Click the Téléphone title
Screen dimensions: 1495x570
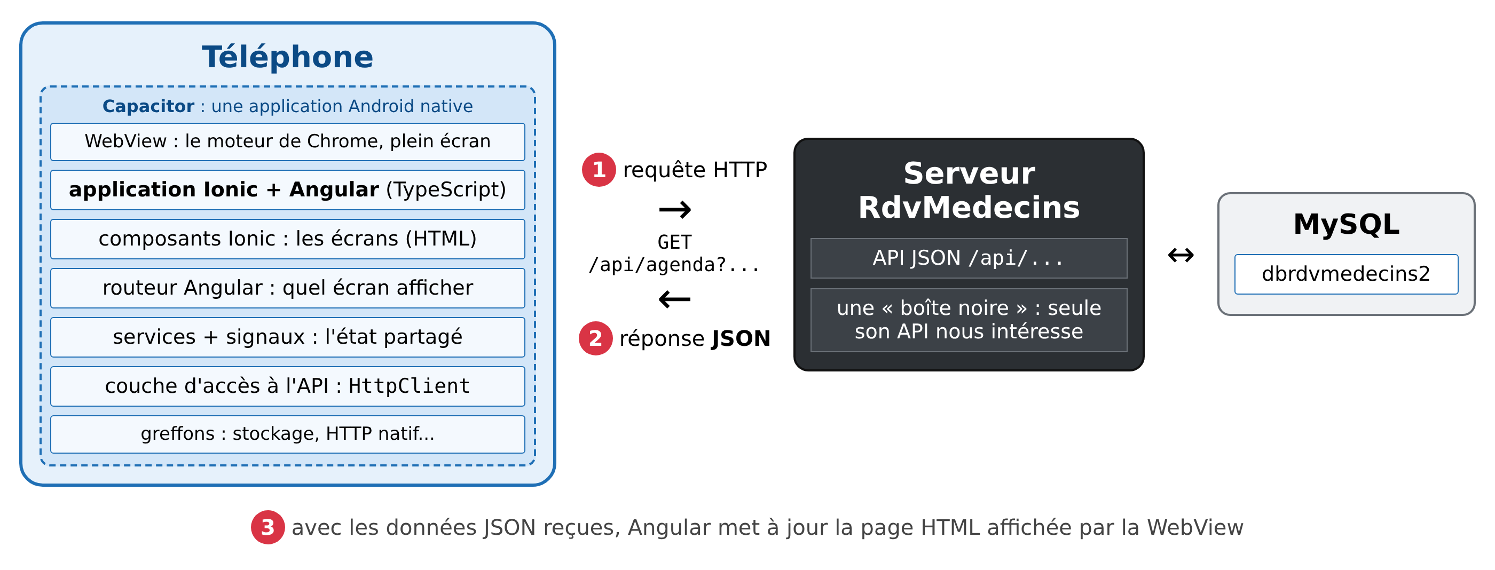287,57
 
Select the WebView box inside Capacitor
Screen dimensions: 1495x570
287,141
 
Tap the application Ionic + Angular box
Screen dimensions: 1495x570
287,189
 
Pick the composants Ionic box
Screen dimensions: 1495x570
287,239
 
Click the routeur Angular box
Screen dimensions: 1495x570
287,288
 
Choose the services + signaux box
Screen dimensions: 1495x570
287,337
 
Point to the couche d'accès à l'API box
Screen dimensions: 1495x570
287,386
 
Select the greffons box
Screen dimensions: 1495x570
287,434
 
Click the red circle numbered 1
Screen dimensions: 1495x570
599,170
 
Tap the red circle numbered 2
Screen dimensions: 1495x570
595,338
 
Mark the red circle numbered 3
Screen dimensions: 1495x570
267,527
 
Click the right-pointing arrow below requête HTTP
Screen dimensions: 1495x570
675,209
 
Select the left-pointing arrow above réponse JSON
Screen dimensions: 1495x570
675,299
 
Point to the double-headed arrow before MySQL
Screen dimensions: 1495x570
1181,255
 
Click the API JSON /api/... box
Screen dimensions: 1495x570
969,258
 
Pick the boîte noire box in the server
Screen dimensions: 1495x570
969,320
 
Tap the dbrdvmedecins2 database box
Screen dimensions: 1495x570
1346,274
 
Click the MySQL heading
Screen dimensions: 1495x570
1347,224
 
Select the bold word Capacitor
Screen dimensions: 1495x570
148,106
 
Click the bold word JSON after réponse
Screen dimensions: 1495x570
741,338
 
